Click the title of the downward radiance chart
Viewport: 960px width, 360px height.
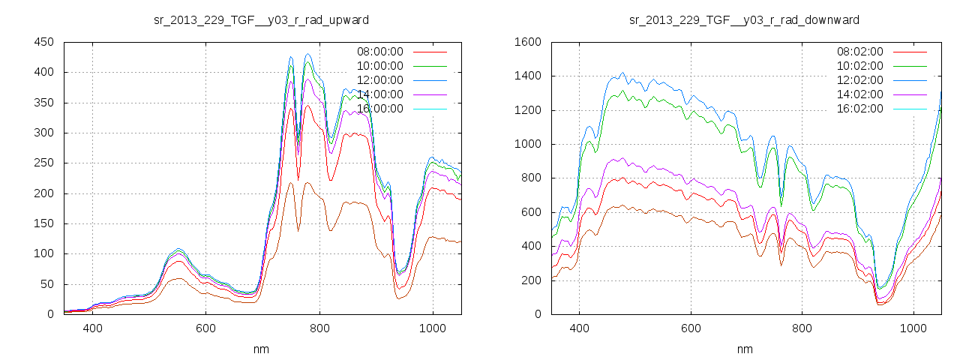(x=744, y=19)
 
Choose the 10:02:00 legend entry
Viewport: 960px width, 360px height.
(x=859, y=66)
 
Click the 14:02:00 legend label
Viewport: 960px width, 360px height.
(x=859, y=94)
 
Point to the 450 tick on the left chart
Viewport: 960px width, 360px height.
(x=43, y=42)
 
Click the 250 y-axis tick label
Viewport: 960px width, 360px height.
(x=43, y=163)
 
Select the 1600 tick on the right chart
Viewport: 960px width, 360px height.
(x=526, y=42)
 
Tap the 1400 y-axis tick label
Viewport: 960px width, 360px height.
(x=526, y=76)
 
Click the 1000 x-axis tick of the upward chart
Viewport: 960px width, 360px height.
(x=433, y=328)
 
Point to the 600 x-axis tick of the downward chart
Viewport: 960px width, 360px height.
(x=691, y=328)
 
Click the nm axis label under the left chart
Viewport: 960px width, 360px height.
(x=262, y=349)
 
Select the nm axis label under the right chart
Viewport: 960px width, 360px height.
(x=745, y=349)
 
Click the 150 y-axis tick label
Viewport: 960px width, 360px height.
(x=43, y=223)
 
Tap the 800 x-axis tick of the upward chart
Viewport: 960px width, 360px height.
(x=319, y=328)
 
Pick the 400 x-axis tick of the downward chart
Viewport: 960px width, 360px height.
(x=579, y=328)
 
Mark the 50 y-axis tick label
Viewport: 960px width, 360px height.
(x=46, y=284)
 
